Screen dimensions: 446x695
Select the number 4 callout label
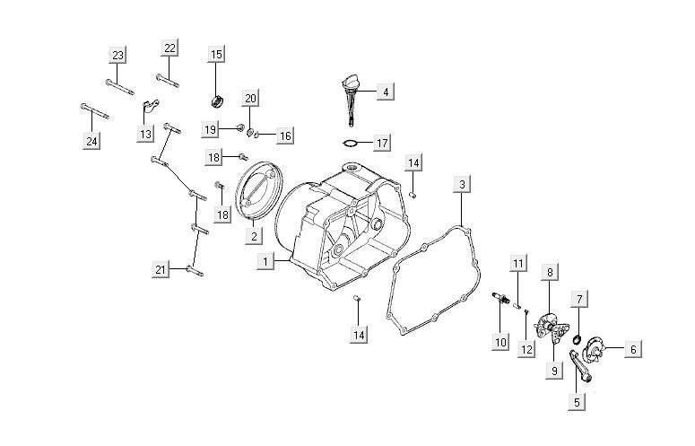[384, 92]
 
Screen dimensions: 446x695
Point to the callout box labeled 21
[161, 270]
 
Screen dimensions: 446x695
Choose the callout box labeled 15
[216, 55]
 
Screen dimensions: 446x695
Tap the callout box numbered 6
[633, 349]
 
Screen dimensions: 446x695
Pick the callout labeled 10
[500, 341]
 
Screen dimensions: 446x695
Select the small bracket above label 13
[150, 109]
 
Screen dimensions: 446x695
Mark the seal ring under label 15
[216, 96]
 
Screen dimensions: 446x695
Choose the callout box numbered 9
[555, 370]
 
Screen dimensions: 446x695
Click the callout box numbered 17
[382, 143]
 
